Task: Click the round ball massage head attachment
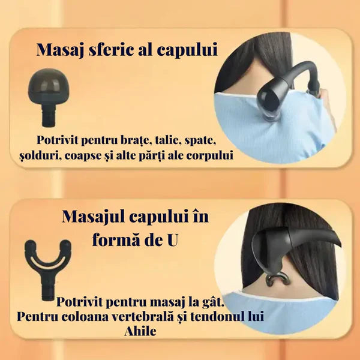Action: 48,97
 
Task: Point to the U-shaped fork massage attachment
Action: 48,269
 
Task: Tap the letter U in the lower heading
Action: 172,241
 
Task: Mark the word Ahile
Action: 140,331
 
